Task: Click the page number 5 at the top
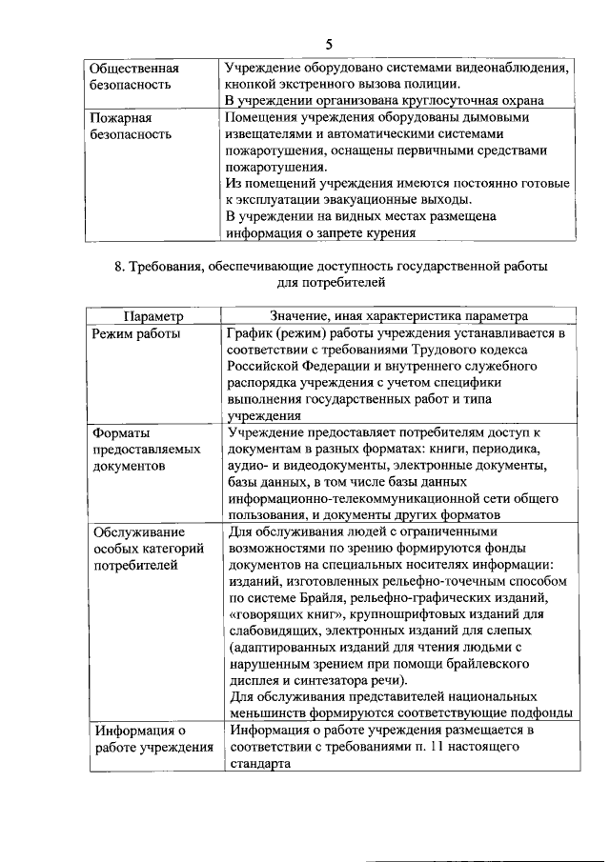tap(328, 45)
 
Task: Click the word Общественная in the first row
tap(134, 69)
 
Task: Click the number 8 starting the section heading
tap(119, 268)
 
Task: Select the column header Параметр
tap(152, 317)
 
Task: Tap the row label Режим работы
tap(136, 334)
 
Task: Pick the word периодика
tap(505, 449)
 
